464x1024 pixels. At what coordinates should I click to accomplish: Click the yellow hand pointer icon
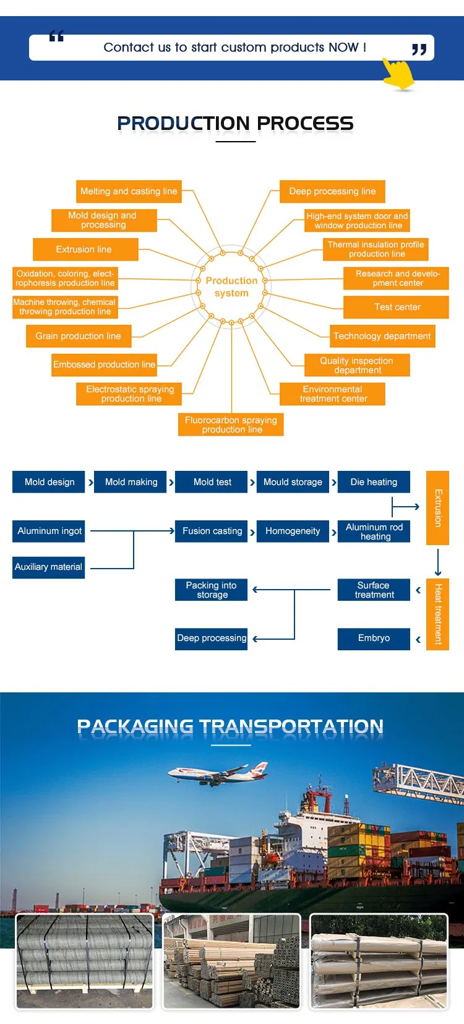click(x=397, y=74)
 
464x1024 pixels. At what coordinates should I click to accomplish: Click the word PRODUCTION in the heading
click(x=183, y=123)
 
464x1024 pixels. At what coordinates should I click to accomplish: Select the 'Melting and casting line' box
click(x=129, y=191)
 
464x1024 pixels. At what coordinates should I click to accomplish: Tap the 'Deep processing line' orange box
click(x=332, y=191)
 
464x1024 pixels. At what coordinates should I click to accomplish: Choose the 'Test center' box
click(x=397, y=307)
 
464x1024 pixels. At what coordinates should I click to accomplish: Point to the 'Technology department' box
click(x=382, y=336)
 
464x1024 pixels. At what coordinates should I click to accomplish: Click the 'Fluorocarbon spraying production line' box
click(x=231, y=424)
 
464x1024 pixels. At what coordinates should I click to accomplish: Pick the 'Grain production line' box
click(x=78, y=336)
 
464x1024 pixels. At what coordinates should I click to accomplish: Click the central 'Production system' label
click(x=231, y=286)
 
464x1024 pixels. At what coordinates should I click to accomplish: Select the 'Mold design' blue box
click(x=49, y=482)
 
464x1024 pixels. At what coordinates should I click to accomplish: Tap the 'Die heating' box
click(x=374, y=482)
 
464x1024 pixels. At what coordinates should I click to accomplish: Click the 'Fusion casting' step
click(x=212, y=531)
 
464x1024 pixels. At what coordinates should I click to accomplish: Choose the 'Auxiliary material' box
click(x=48, y=567)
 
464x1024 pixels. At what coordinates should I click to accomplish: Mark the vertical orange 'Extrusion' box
click(x=437, y=507)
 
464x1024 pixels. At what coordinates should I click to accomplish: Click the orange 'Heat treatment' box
click(x=437, y=614)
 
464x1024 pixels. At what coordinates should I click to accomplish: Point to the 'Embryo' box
click(x=374, y=639)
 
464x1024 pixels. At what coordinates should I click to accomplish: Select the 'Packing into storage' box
click(x=212, y=590)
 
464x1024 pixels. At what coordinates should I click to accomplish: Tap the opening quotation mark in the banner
click(x=56, y=37)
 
